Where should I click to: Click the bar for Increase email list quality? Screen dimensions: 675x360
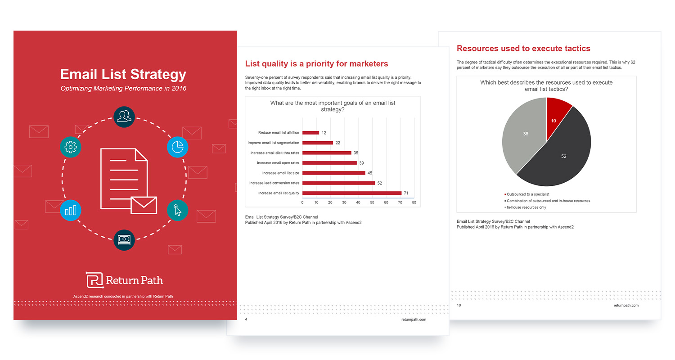click(351, 193)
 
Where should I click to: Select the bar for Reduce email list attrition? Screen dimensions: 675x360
click(310, 133)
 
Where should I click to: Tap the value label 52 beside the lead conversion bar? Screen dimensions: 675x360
click(379, 183)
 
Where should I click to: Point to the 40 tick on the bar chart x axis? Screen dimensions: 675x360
click(358, 202)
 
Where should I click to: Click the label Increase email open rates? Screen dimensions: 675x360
click(278, 163)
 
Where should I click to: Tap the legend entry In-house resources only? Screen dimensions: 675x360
click(526, 207)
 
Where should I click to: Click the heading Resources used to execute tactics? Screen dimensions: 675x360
click(523, 48)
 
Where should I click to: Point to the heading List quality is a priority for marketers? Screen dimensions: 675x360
click(316, 63)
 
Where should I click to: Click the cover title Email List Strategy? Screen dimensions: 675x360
click(123, 74)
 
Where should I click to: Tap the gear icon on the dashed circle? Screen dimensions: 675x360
click(71, 147)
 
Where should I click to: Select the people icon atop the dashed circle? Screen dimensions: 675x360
click(124, 117)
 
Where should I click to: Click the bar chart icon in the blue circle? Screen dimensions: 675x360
click(71, 210)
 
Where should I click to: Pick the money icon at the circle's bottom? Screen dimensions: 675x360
click(124, 240)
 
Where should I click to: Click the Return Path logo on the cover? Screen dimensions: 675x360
click(125, 280)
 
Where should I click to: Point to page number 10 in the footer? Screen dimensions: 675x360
click(459, 306)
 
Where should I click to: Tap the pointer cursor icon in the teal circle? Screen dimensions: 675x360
click(177, 210)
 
